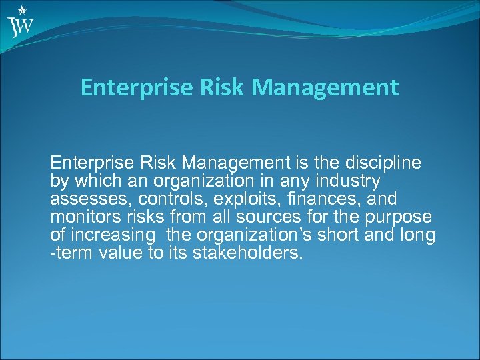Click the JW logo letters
click(21, 27)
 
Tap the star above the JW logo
click(23, 10)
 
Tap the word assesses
click(81, 199)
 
